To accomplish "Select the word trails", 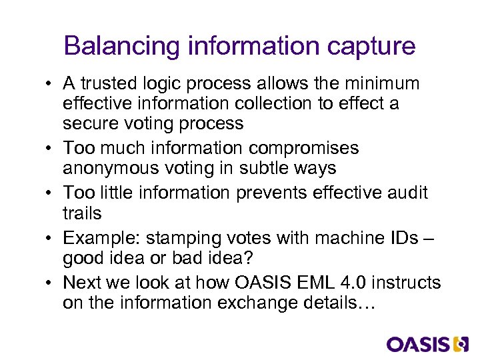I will coord(82,213).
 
